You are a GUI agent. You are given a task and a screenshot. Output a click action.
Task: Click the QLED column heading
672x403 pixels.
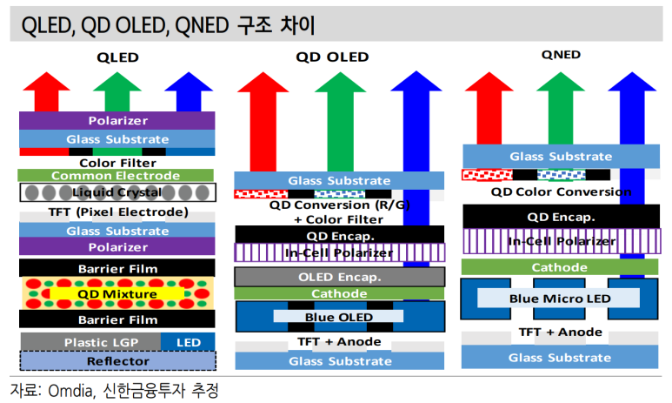tap(117, 57)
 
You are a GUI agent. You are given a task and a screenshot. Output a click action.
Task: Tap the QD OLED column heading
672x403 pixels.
tap(332, 57)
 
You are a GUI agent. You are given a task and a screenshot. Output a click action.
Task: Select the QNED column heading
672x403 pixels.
tap(561, 55)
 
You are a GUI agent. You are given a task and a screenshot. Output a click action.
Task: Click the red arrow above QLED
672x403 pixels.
tap(46, 92)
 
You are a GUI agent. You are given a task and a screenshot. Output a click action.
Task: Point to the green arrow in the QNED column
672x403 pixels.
tap(561, 108)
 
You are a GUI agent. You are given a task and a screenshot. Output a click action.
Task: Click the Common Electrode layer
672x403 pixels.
tap(116, 175)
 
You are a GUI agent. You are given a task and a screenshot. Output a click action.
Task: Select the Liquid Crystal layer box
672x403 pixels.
tap(117, 192)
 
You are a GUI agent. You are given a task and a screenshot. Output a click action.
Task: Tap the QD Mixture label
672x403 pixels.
tap(117, 294)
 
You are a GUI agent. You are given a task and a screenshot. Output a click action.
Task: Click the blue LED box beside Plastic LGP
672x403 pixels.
tap(188, 342)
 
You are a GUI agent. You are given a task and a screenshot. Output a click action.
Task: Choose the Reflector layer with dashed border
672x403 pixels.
tap(118, 361)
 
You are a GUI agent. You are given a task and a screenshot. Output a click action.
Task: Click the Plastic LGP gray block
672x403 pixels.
tap(91, 342)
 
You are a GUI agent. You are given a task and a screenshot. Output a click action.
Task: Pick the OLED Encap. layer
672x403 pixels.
tap(339, 277)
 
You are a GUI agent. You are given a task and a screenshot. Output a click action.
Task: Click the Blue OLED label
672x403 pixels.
tap(338, 317)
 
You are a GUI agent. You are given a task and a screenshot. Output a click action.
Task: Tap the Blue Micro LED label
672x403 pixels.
tap(560, 299)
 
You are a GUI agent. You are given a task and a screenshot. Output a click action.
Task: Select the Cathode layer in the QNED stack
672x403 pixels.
tap(559, 267)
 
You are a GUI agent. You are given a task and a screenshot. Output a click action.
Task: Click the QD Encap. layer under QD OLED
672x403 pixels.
tap(339, 235)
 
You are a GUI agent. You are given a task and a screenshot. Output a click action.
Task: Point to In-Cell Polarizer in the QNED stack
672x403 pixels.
tap(562, 241)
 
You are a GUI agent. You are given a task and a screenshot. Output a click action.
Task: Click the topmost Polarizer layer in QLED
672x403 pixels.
tap(117, 121)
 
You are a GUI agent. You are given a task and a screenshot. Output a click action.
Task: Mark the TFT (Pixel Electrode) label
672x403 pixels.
tap(118, 212)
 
